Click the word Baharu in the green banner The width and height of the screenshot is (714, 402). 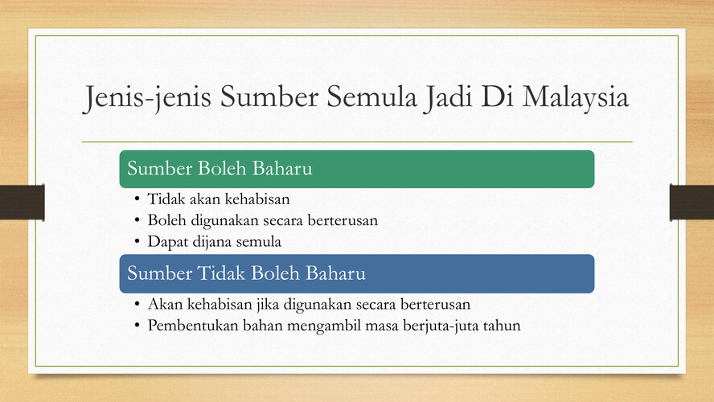tap(282, 169)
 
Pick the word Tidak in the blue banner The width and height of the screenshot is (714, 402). tap(221, 273)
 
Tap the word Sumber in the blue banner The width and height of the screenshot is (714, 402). tap(160, 273)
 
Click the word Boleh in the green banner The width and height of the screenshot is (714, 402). tap(222, 169)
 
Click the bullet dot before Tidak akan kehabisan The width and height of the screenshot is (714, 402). tap(137, 199)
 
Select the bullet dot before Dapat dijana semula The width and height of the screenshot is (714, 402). tap(137, 241)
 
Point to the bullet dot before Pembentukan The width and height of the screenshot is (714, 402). tap(137, 326)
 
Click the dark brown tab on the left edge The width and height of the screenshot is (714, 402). tap(23, 202)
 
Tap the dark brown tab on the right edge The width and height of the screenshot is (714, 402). tap(691, 202)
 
